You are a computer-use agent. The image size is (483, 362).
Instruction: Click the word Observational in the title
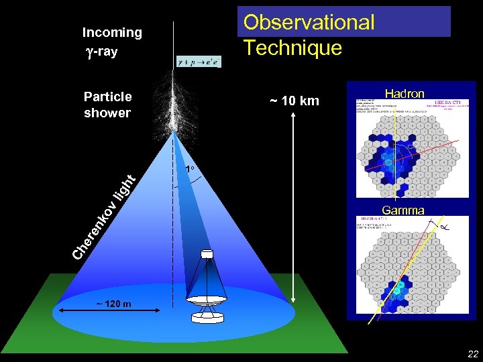click(309, 23)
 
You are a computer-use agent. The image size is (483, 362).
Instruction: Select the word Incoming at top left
click(112, 32)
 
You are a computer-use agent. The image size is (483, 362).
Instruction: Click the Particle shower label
click(107, 105)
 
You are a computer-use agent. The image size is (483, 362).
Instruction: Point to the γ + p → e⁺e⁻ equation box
click(198, 62)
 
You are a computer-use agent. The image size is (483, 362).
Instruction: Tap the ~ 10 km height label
click(294, 101)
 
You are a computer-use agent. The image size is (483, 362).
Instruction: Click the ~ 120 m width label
click(113, 304)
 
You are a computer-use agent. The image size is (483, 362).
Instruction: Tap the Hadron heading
click(404, 94)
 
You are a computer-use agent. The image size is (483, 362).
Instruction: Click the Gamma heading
click(403, 210)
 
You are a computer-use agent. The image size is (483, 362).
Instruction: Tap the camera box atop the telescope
click(207, 255)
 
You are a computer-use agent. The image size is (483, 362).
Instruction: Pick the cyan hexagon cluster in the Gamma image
click(398, 290)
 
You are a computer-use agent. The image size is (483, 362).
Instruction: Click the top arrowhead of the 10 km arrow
click(296, 115)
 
